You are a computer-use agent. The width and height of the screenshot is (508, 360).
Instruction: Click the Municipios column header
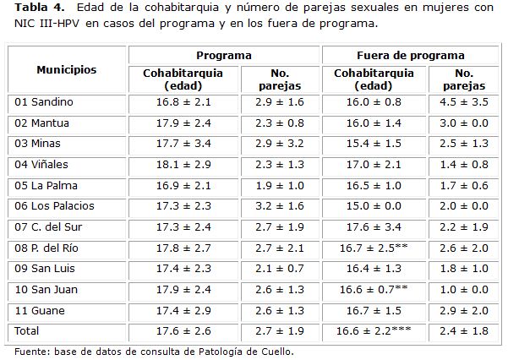pos(66,69)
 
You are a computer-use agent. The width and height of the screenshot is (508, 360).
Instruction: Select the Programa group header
pos(224,55)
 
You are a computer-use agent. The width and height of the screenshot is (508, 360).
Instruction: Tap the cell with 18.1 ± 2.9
pos(183,165)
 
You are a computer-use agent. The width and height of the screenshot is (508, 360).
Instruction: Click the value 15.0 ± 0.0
pos(373,206)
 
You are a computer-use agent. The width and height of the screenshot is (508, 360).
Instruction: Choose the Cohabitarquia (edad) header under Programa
pos(183,79)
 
